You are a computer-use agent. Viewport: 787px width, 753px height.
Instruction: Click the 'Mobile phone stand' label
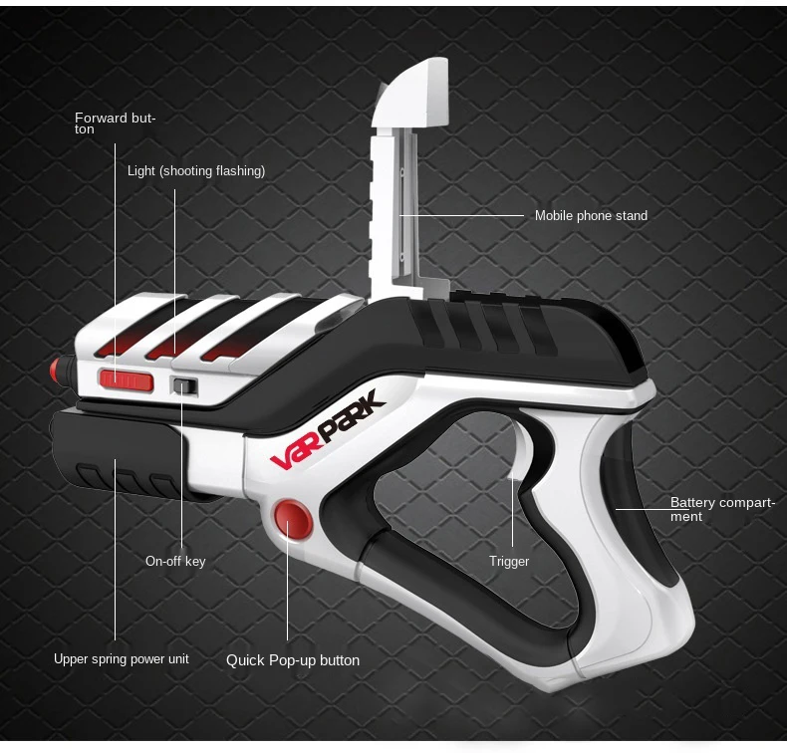591,215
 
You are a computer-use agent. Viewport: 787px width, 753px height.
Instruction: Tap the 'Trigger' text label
509,562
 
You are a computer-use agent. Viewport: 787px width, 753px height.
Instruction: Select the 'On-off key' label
175,561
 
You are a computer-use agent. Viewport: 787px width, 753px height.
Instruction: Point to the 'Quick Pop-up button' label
293,660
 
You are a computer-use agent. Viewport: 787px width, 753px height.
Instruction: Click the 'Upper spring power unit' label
122,658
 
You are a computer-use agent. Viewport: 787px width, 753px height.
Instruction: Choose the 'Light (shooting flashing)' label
196,171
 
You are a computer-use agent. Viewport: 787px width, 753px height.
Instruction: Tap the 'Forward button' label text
116,124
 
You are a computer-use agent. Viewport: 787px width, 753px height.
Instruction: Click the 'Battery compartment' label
722,509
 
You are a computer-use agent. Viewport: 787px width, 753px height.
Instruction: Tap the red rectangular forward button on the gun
127,379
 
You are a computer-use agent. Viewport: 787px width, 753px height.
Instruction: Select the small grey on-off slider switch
184,386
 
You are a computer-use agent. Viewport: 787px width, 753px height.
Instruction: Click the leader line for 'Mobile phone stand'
463,215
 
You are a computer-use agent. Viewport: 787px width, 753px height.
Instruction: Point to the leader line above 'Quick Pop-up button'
288,588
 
